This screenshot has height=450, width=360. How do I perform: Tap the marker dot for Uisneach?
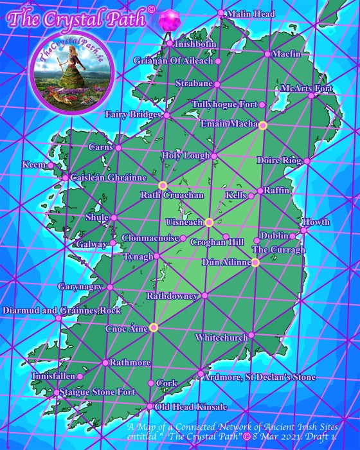coord(209,222)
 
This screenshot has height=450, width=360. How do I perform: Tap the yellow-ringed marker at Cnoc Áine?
coord(154,328)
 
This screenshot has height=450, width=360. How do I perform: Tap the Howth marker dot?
coord(303,230)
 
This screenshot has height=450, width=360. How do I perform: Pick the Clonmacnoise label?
coord(150,238)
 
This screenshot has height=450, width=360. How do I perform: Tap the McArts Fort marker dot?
coord(312,96)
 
